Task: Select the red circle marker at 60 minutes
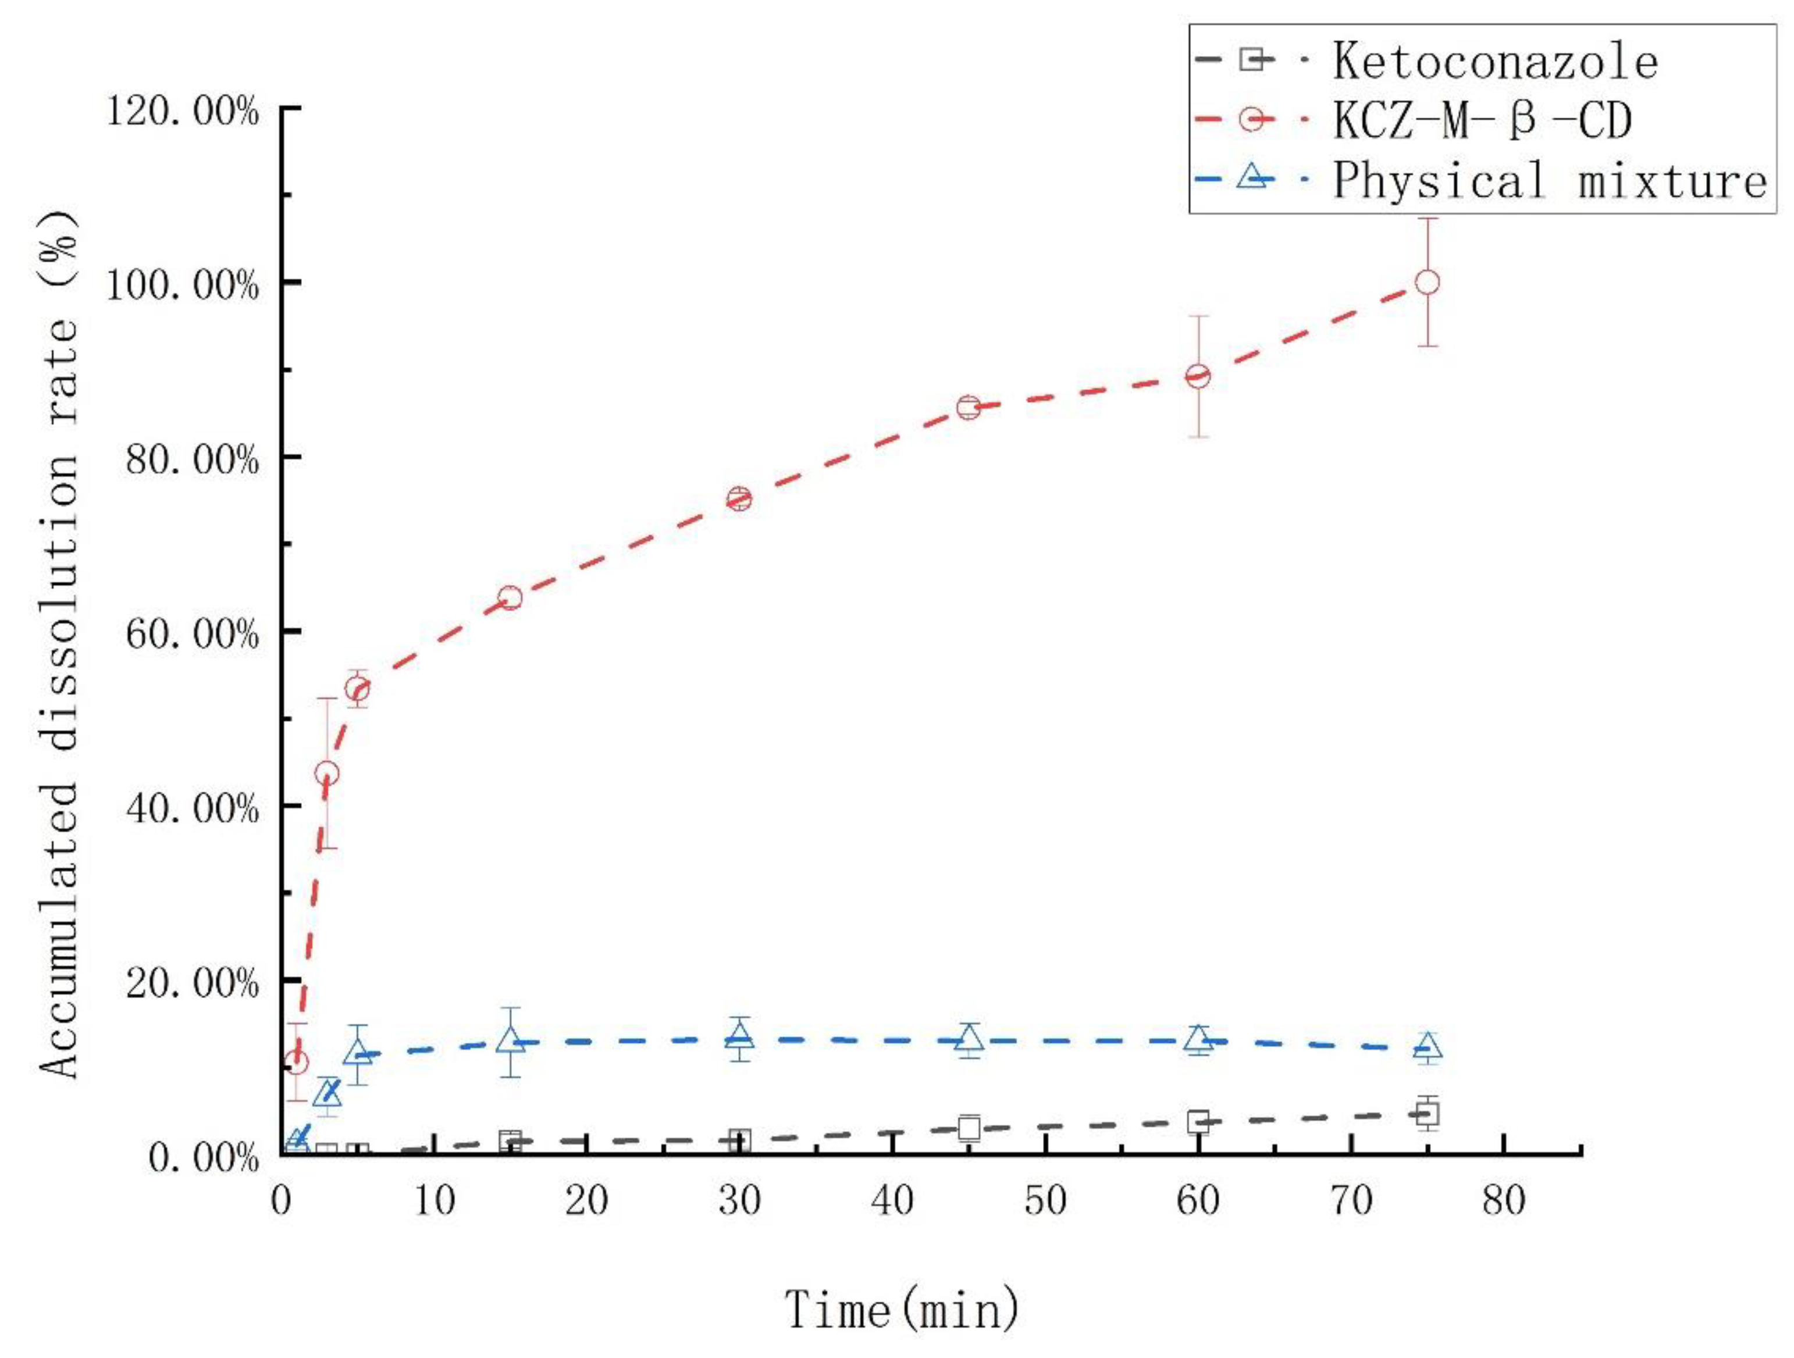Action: pyautogui.click(x=1198, y=376)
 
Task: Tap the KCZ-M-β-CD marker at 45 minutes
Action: pyautogui.click(x=969, y=407)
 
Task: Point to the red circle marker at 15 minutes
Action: pyautogui.click(x=510, y=598)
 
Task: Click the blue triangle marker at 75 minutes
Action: pyautogui.click(x=1428, y=1046)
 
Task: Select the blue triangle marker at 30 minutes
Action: pyautogui.click(x=739, y=1035)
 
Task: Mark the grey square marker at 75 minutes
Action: pyautogui.click(x=1428, y=1114)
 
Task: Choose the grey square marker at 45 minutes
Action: pyautogui.click(x=969, y=1128)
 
